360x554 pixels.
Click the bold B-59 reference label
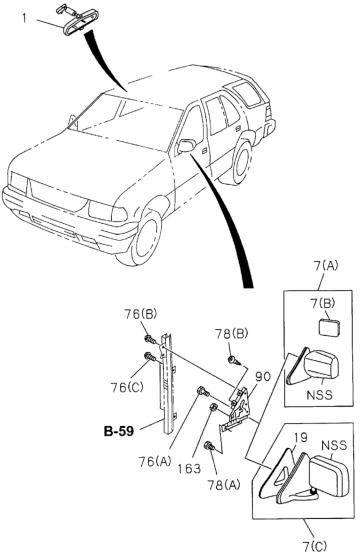pyautogui.click(x=119, y=431)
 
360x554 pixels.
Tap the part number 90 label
pyautogui.click(x=263, y=377)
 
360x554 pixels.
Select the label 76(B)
pyautogui.click(x=140, y=314)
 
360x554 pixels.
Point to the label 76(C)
pyautogui.click(x=127, y=388)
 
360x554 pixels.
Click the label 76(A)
pyautogui.click(x=155, y=461)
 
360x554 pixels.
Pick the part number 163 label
pyautogui.click(x=189, y=468)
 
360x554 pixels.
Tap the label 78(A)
pyautogui.click(x=224, y=485)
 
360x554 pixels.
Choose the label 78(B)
pyautogui.click(x=231, y=334)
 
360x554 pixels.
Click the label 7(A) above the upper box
pyautogui.click(x=325, y=265)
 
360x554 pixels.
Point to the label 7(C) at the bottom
pyautogui.click(x=315, y=546)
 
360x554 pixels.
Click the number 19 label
pyautogui.click(x=300, y=437)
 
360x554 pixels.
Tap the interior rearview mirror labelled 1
pyautogui.click(x=75, y=22)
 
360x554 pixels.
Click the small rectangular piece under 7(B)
pyautogui.click(x=330, y=328)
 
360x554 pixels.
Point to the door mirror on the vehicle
pyautogui.click(x=187, y=146)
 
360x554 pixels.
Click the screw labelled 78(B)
pyautogui.click(x=234, y=360)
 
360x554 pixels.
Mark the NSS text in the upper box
pyautogui.click(x=320, y=394)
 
